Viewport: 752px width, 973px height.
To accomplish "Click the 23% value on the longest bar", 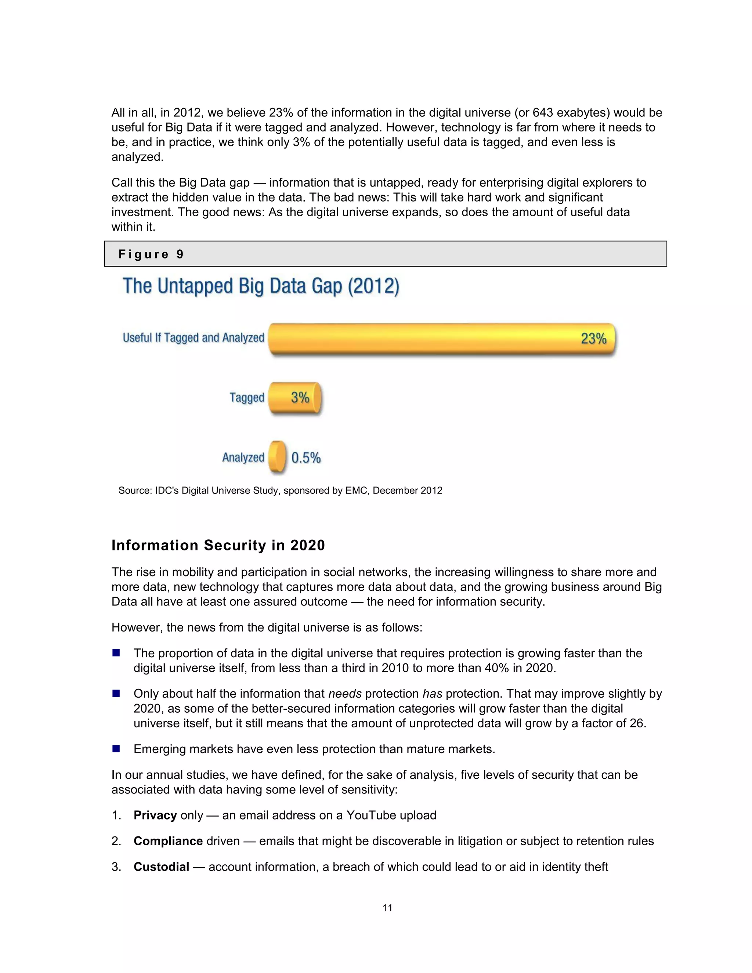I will pos(593,339).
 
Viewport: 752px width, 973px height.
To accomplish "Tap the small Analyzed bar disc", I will pos(278,457).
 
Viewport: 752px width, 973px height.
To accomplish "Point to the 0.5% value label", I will pos(306,457).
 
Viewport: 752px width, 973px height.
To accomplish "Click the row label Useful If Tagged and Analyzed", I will pos(194,338).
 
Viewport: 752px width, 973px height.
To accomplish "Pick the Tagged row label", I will pos(247,397).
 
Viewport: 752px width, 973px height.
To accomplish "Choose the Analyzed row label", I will pos(243,457).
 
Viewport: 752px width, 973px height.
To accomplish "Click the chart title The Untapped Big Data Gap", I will pos(261,286).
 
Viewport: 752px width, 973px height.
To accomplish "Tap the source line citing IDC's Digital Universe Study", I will pos(280,491).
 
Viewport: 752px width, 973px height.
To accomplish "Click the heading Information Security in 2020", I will pos(218,545).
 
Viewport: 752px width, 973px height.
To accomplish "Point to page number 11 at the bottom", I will pos(387,908).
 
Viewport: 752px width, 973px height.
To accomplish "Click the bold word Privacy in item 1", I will pos(155,815).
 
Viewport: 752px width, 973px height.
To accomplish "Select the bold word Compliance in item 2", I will pos(168,841).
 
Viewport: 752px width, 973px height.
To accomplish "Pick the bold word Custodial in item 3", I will pos(161,867).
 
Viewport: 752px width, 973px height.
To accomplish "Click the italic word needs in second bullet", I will pos(345,694).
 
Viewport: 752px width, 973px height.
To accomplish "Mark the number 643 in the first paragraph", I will pos(543,113).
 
